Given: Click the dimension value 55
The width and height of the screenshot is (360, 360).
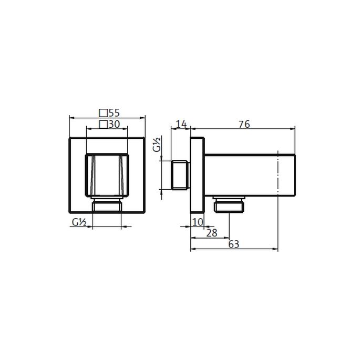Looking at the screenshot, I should tap(114, 112).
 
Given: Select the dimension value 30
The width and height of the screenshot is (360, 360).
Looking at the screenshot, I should tap(114, 125).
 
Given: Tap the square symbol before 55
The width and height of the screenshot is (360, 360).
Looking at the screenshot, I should tap(103, 112).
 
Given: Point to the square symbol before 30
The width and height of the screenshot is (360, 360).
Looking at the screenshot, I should tap(103, 125).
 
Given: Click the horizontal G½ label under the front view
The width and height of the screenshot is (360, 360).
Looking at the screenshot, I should tap(79, 222).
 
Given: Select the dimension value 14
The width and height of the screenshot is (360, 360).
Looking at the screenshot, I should tap(181, 124).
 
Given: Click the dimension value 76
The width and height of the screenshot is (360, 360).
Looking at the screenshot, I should tap(243, 124).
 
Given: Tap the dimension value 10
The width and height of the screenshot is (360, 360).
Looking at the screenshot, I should tap(197, 222).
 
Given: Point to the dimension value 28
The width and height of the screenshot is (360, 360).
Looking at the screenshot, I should tap(212, 232).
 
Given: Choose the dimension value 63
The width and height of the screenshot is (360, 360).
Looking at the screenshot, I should tap(234, 244).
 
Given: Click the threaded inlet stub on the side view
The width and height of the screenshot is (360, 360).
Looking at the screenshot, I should tap(181, 174).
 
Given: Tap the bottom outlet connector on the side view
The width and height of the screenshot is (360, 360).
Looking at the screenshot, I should tap(230, 203).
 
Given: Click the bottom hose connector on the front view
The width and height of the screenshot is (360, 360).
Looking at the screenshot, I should tap(107, 205).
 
